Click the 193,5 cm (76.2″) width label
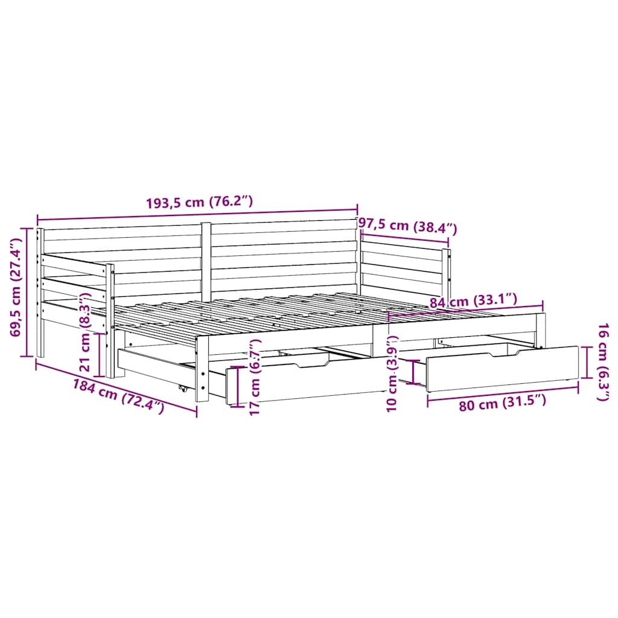(199, 203)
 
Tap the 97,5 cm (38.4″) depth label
(408, 228)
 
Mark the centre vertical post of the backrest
(206, 260)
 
